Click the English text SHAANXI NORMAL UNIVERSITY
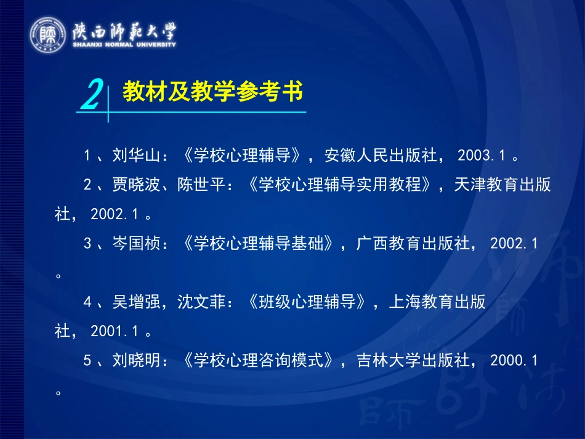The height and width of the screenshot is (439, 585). (123, 44)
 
